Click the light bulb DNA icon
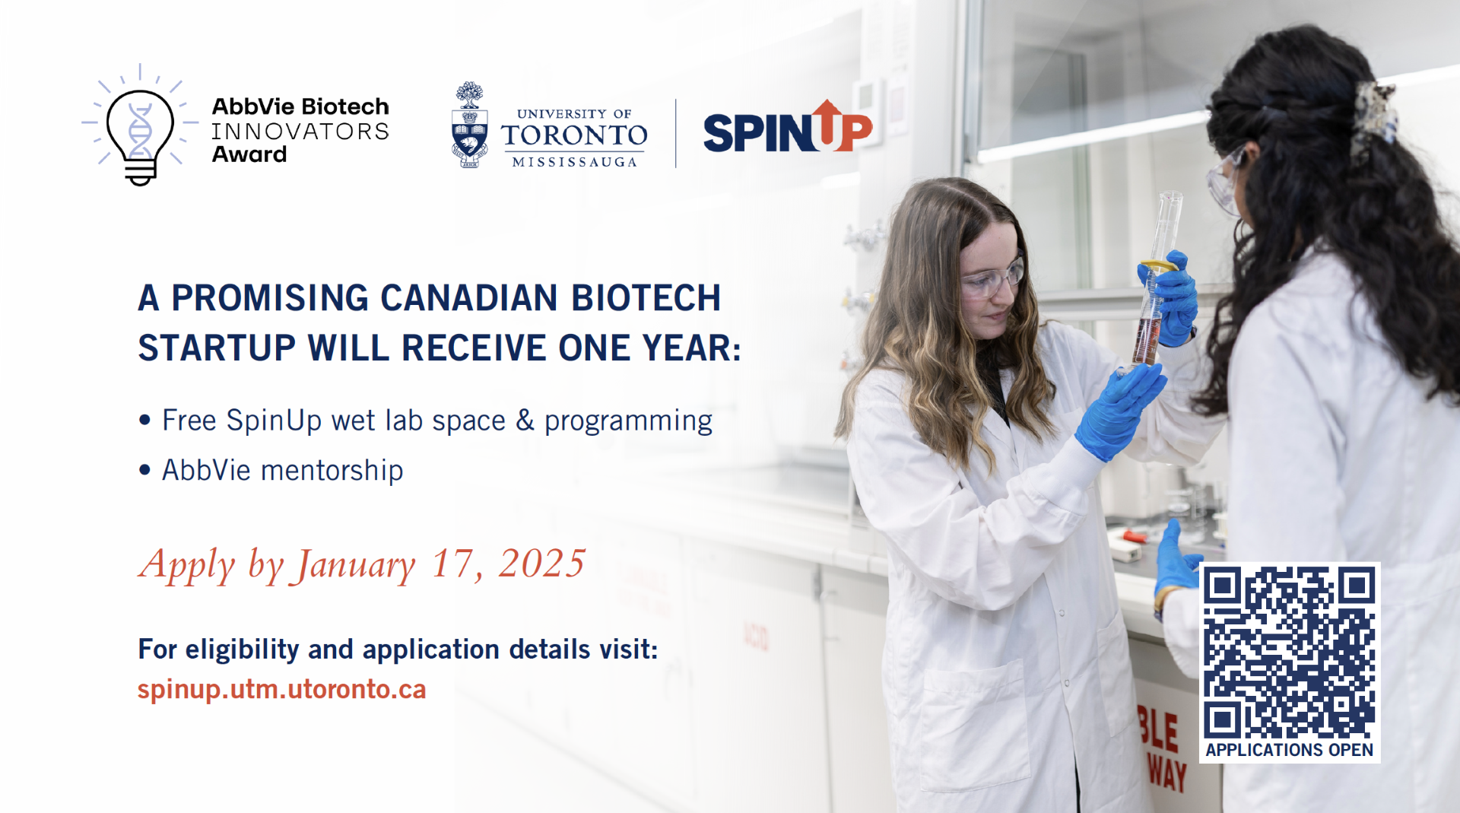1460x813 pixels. click(140, 125)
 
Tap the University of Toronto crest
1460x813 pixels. click(469, 125)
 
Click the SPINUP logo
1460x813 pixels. click(788, 128)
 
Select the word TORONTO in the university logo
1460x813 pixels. click(574, 135)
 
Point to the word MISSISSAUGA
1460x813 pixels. click(574, 162)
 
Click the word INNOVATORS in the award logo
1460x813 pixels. click(300, 132)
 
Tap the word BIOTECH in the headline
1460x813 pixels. click(646, 297)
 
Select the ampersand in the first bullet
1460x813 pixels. click(525, 420)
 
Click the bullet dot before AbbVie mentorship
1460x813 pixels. click(145, 470)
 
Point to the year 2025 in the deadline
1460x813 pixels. click(541, 564)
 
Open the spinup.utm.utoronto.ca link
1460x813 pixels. click(281, 689)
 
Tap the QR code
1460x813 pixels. click(1290, 652)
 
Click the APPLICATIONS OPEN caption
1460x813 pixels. click(1289, 750)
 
